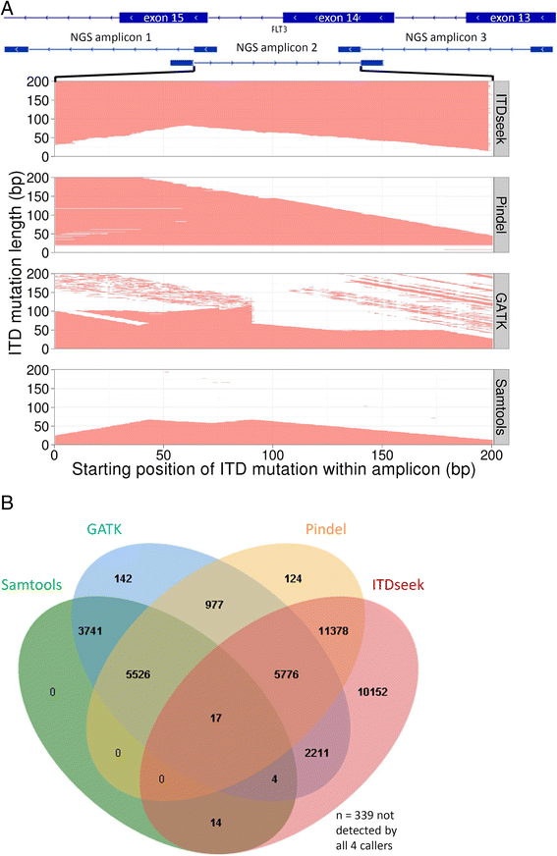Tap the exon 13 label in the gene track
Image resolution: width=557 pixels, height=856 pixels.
(510, 18)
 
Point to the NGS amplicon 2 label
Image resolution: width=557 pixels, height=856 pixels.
(277, 47)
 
